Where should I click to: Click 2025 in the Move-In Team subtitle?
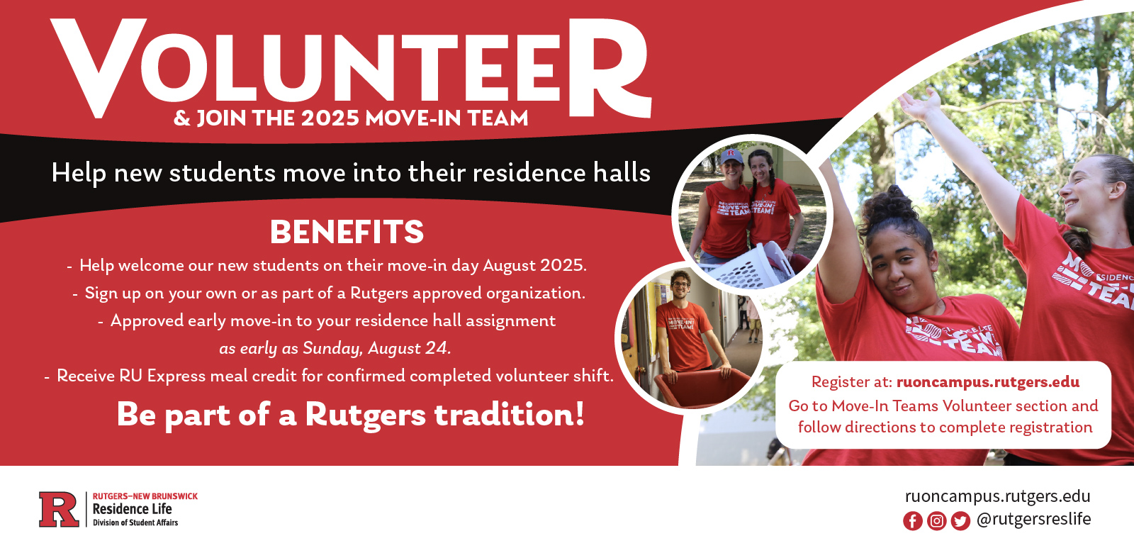tap(330, 118)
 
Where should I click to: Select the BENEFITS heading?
tap(347, 232)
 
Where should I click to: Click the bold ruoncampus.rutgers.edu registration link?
tap(988, 382)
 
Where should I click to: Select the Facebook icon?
tap(912, 520)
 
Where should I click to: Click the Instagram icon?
tap(936, 520)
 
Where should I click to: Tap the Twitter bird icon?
tap(960, 520)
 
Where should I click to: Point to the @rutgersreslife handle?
tap(1033, 520)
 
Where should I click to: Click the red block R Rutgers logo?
tap(59, 509)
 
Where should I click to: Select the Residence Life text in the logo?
tap(132, 509)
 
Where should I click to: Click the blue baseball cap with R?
tap(732, 156)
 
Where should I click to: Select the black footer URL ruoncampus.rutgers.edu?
tap(997, 496)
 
